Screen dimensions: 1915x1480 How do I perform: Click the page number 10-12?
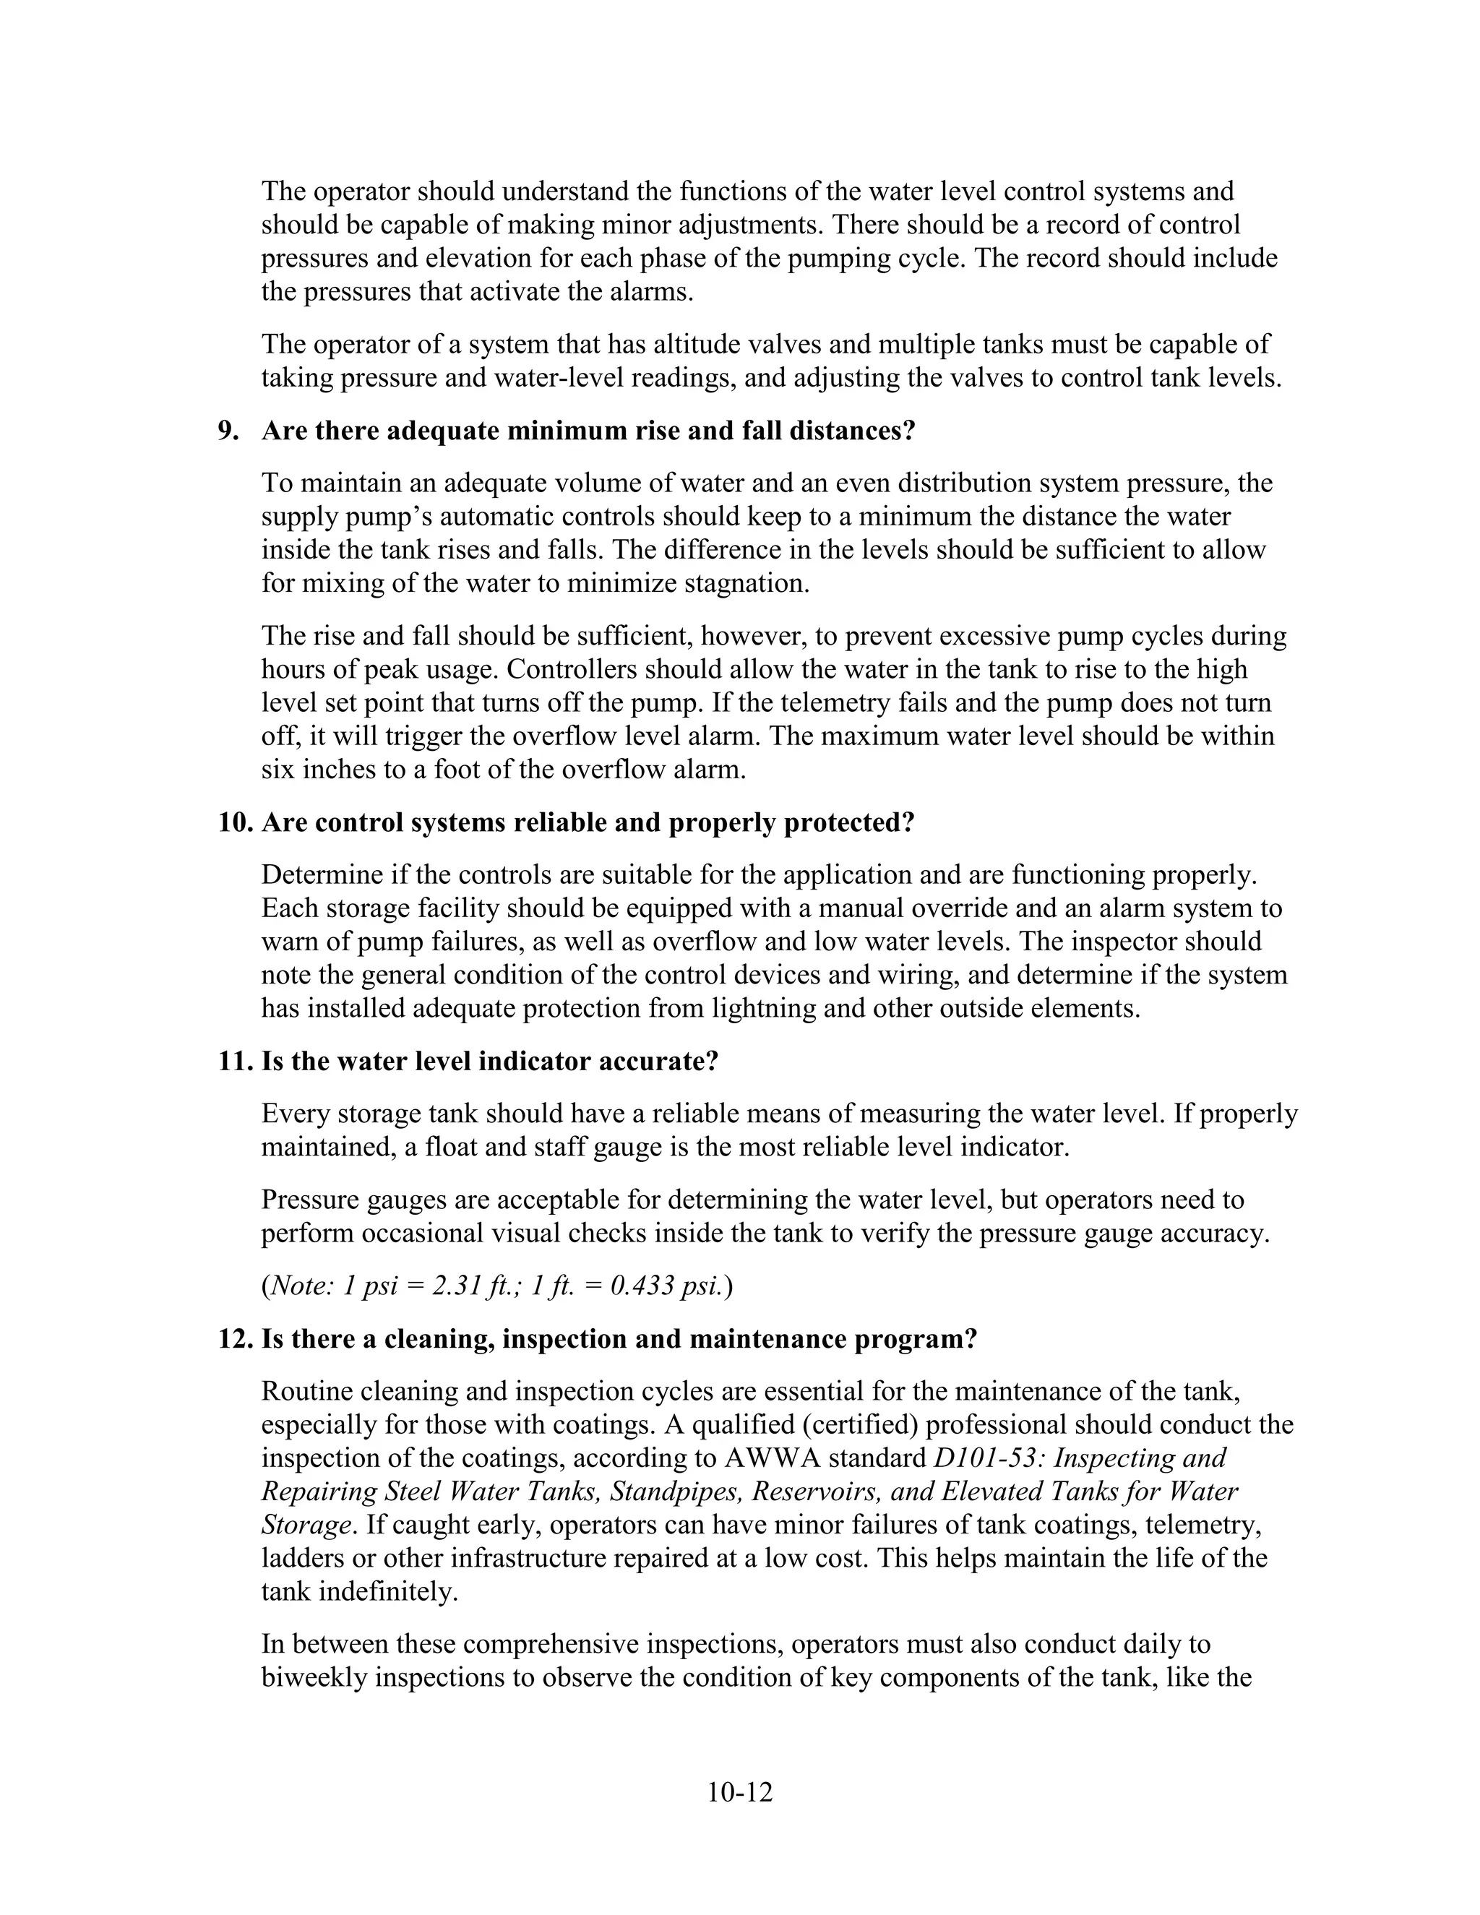click(x=739, y=1792)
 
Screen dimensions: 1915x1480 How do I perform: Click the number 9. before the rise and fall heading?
click(x=228, y=431)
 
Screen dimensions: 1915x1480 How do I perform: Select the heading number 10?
click(x=235, y=823)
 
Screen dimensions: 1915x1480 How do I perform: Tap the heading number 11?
click(x=235, y=1062)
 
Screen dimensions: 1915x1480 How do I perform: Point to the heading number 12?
click(x=235, y=1340)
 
